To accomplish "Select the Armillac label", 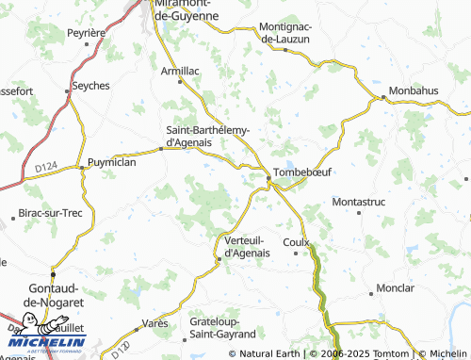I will click(181, 69).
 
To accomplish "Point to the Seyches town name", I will click(90, 85).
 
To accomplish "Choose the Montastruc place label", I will click(360, 202).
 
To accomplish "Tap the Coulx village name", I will click(297, 241).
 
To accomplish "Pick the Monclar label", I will click(395, 286).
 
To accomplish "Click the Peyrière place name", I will click(85, 32).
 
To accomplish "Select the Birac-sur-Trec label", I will click(51, 213).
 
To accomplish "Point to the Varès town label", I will click(154, 323).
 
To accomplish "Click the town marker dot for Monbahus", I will click(384, 96).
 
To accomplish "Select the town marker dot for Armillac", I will click(181, 81).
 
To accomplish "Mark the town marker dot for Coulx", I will click(297, 253).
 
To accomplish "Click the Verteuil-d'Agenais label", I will click(247, 245).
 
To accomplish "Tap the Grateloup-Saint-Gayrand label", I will click(222, 327).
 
